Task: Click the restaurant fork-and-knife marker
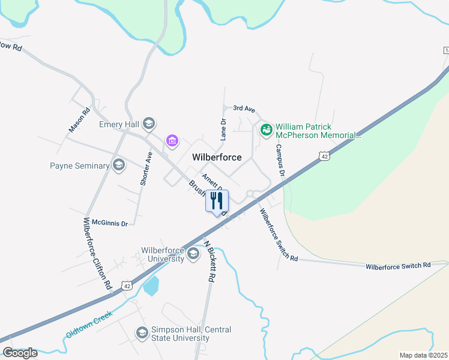217,200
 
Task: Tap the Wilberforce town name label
217,157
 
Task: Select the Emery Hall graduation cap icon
149,125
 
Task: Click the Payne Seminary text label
80,166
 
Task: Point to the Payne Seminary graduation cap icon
119,166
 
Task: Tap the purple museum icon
172,141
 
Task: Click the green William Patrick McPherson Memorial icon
266,128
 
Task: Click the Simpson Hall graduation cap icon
142,332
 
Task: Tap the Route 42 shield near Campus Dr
324,156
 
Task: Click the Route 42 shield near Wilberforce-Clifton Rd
127,286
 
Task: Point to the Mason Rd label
79,119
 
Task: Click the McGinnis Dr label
106,223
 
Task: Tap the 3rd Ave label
244,109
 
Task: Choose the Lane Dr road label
223,129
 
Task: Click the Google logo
20,353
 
